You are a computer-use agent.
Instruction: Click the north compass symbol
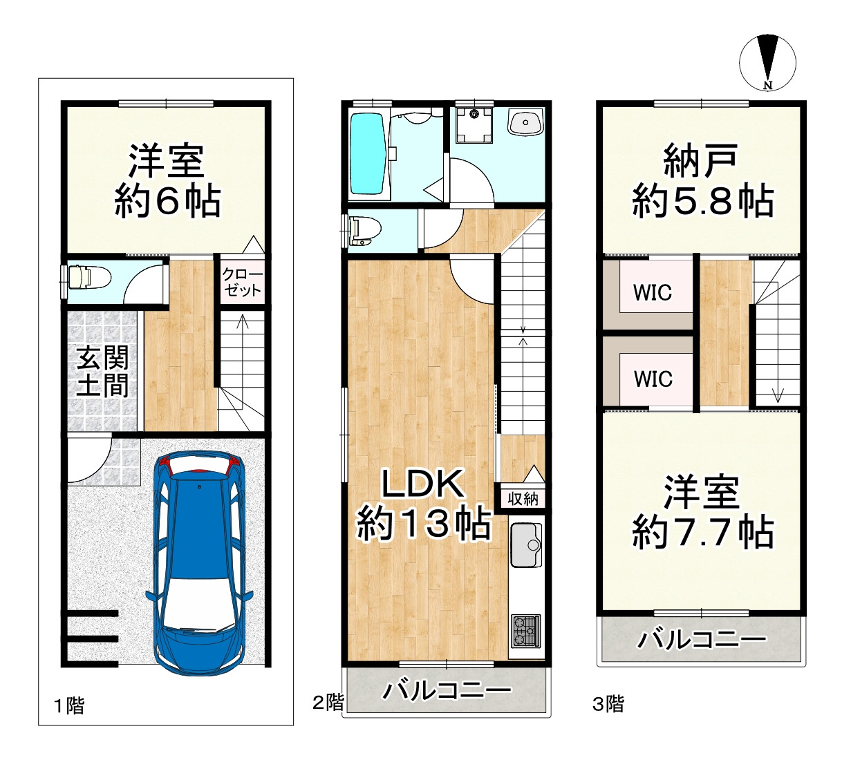pyautogui.click(x=767, y=62)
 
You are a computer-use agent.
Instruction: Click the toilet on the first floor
pyautogui.click(x=88, y=277)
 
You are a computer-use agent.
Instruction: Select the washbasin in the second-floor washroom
pyautogui.click(x=525, y=123)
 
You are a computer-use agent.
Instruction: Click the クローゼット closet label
pyautogui.click(x=242, y=282)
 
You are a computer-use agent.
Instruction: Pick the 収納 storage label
pyautogui.click(x=523, y=498)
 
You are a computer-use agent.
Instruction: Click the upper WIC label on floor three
pyautogui.click(x=653, y=292)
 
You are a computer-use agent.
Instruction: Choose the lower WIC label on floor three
pyautogui.click(x=653, y=379)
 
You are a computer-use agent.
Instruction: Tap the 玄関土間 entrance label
pyautogui.click(x=102, y=372)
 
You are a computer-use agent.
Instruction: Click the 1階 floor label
pyautogui.click(x=69, y=705)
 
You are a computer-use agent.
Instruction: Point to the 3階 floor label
pyautogui.click(x=608, y=703)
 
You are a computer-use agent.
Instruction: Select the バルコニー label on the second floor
pyautogui.click(x=447, y=690)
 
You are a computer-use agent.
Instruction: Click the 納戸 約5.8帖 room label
pyautogui.click(x=702, y=181)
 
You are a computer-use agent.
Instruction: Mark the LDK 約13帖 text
pyautogui.click(x=423, y=504)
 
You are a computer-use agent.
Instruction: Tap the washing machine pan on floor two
pyautogui.click(x=474, y=124)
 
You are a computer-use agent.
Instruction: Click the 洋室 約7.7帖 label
pyautogui.click(x=702, y=512)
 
